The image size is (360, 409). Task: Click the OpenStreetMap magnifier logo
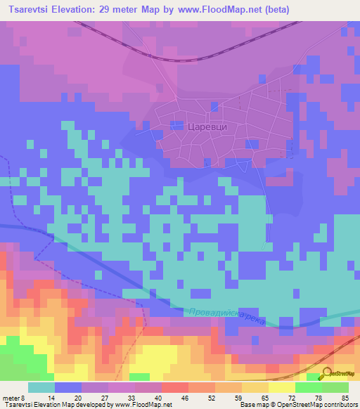point(326,373)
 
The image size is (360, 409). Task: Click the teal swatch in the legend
point(41,387)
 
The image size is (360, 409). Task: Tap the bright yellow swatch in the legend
point(281,387)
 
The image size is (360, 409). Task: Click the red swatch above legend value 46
point(174,387)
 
